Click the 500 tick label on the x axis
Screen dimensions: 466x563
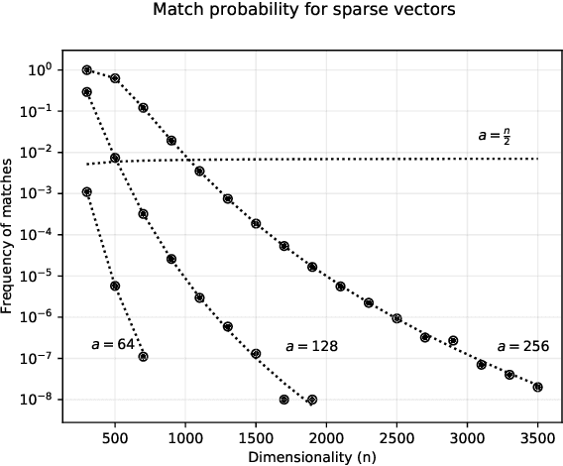[115, 435]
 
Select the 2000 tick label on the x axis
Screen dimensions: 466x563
[326, 435]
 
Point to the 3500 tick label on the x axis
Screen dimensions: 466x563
[537, 435]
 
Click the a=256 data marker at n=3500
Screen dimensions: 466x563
[537, 387]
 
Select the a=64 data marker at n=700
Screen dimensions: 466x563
[143, 356]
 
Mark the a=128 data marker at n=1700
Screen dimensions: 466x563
[283, 400]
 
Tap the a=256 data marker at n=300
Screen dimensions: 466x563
[87, 69]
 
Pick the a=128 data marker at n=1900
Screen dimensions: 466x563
[312, 400]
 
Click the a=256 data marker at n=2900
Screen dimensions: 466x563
[453, 340]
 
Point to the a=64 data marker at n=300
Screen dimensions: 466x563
[87, 192]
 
